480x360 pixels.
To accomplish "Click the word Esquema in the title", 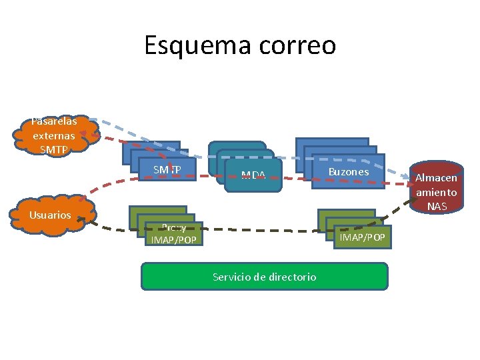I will [193, 45].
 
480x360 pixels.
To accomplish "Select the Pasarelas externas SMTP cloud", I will [54, 135].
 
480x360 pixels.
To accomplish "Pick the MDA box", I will [253, 175].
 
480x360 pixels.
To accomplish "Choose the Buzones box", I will [348, 171].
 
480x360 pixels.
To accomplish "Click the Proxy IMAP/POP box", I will [173, 233].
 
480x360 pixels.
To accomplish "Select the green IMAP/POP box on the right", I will [363, 237].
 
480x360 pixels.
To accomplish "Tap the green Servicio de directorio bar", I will [264, 276].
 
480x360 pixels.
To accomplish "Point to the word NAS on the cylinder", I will [437, 207].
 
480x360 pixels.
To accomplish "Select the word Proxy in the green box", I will [173, 227].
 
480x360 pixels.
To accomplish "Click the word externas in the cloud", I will [54, 135].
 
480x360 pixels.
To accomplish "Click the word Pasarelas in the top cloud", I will [54, 121].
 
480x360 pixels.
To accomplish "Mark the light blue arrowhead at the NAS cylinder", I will [410, 179].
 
